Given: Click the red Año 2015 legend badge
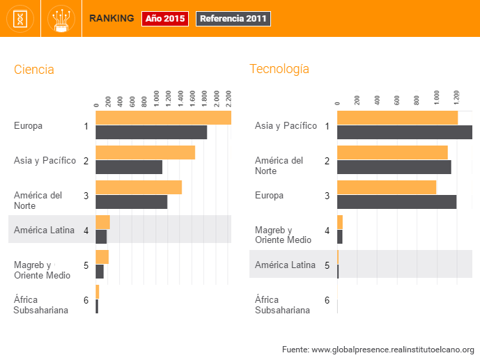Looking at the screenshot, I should tap(165, 19).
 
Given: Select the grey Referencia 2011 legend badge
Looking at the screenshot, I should tap(233, 19).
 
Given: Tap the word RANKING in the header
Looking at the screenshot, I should tap(111, 19).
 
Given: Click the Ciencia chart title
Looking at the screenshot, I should tap(34, 70).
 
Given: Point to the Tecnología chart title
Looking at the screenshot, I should tap(279, 69).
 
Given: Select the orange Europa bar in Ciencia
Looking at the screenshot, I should tap(163, 118).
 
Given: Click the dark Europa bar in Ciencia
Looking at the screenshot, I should tap(151, 132).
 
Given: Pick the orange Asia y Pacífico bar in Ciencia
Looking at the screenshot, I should tap(145, 152).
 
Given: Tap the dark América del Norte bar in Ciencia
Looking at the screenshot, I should tap(131, 202).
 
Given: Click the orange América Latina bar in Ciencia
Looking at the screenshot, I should tap(102, 222).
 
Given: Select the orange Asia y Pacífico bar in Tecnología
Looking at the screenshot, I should tap(397, 118).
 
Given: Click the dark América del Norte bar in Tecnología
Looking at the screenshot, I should tap(394, 167).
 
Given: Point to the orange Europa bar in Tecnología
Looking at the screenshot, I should tap(386, 187).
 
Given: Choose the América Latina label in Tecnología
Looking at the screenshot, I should tap(285, 265).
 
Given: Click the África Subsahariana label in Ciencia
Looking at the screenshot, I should tap(41, 305).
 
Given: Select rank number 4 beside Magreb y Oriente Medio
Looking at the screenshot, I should tap(327, 230).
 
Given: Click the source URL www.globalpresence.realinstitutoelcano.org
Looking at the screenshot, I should tap(392, 349).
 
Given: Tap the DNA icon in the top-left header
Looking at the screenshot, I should tap(20, 19).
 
